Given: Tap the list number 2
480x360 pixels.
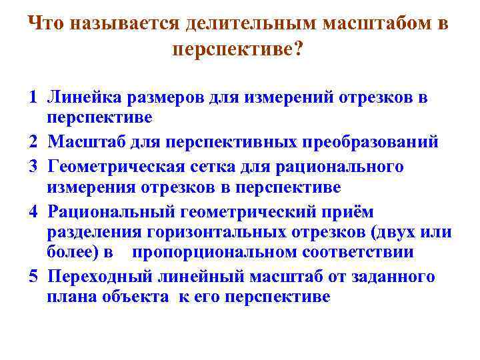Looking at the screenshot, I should coord(33,142).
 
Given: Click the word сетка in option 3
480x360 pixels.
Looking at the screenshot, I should coord(216,166).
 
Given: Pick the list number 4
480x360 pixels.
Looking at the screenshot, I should coord(33,212).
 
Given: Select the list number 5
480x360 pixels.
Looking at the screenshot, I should coord(33,277).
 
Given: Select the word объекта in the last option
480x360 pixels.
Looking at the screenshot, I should coord(140,297).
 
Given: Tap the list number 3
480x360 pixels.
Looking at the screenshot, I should coord(33,166).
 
